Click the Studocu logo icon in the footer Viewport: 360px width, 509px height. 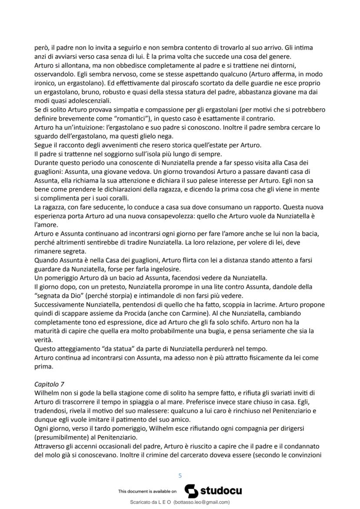(x=192, y=491)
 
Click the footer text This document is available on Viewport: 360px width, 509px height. (x=147, y=491)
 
